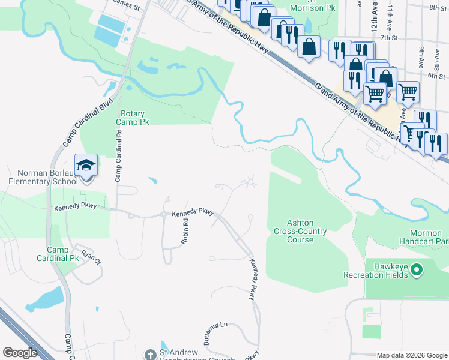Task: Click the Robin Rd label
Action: pyautogui.click(x=185, y=230)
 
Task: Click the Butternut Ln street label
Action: pyautogui.click(x=215, y=331)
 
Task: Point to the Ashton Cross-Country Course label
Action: pyautogui.click(x=300, y=230)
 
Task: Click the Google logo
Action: pyautogui.click(x=20, y=353)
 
